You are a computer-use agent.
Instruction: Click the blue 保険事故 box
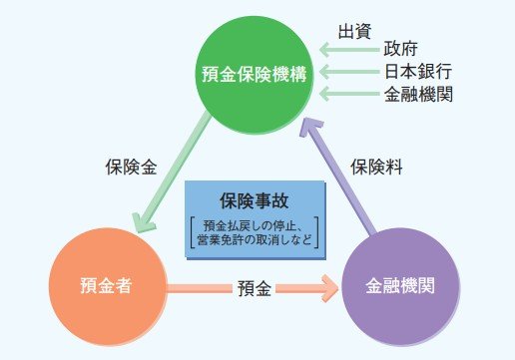click(255, 219)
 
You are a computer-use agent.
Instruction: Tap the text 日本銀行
click(418, 72)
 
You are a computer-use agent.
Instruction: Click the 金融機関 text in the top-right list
click(418, 96)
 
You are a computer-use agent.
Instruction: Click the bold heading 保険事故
click(254, 198)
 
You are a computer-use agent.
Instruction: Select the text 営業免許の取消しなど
click(255, 238)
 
